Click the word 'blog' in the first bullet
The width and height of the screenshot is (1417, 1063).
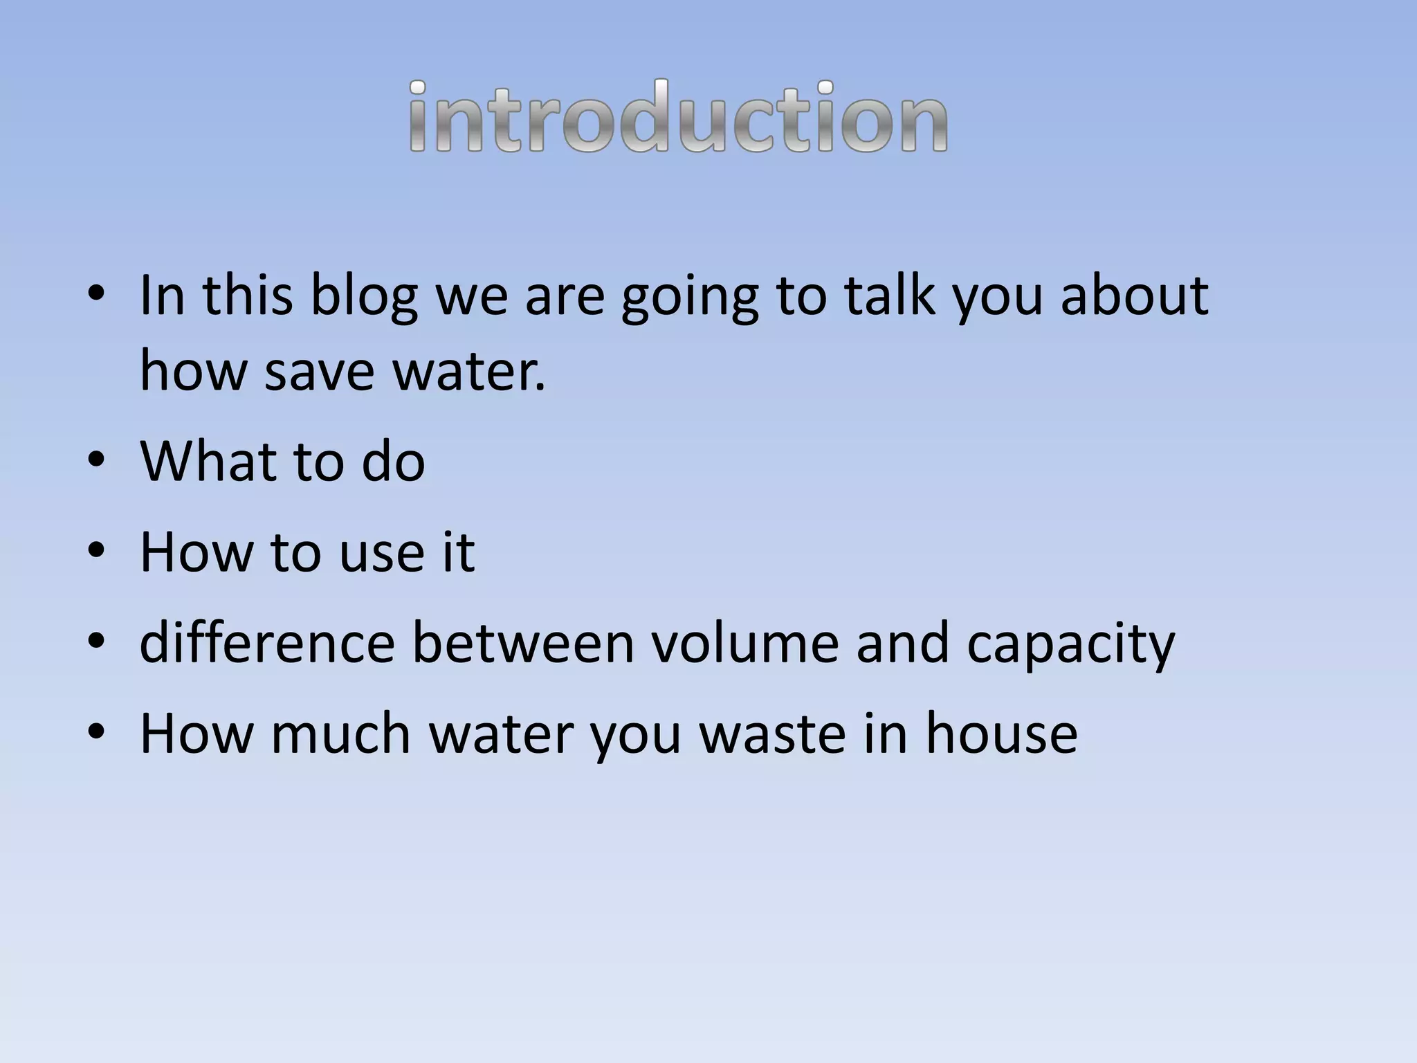point(364,296)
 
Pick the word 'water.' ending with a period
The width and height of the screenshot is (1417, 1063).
point(470,371)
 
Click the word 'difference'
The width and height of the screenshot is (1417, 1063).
point(267,642)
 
